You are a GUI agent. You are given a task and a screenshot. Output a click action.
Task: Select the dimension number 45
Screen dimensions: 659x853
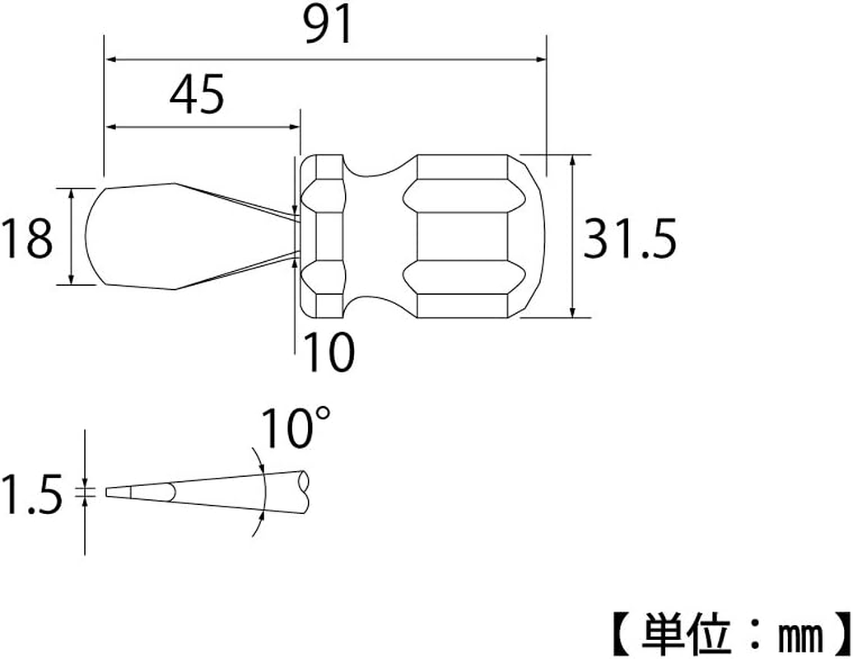click(197, 95)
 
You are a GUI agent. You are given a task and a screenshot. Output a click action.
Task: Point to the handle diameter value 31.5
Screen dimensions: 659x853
click(630, 239)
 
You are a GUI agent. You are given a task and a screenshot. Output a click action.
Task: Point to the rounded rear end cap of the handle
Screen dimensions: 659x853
click(527, 236)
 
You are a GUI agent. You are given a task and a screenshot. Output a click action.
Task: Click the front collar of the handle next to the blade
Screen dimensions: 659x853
click(321, 236)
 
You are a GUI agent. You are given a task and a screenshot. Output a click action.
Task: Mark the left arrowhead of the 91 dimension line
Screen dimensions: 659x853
click(110, 60)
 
